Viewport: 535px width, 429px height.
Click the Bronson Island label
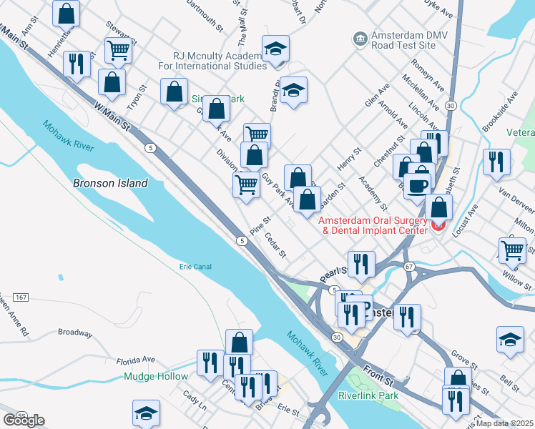(x=110, y=183)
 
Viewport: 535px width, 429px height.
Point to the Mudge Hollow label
(x=156, y=376)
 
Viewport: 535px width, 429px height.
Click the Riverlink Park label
(x=368, y=395)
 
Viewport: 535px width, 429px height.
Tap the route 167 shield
(x=21, y=297)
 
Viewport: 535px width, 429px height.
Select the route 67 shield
(x=409, y=266)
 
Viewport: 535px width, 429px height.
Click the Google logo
(x=24, y=420)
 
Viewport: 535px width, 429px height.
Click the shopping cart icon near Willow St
(x=512, y=250)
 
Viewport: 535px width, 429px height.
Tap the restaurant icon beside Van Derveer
(x=496, y=162)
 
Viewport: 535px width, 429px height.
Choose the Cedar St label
(x=275, y=245)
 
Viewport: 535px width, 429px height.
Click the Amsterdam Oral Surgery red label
(x=373, y=225)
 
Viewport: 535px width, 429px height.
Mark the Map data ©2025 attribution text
(x=505, y=423)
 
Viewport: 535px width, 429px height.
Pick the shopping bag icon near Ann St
(x=67, y=13)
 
